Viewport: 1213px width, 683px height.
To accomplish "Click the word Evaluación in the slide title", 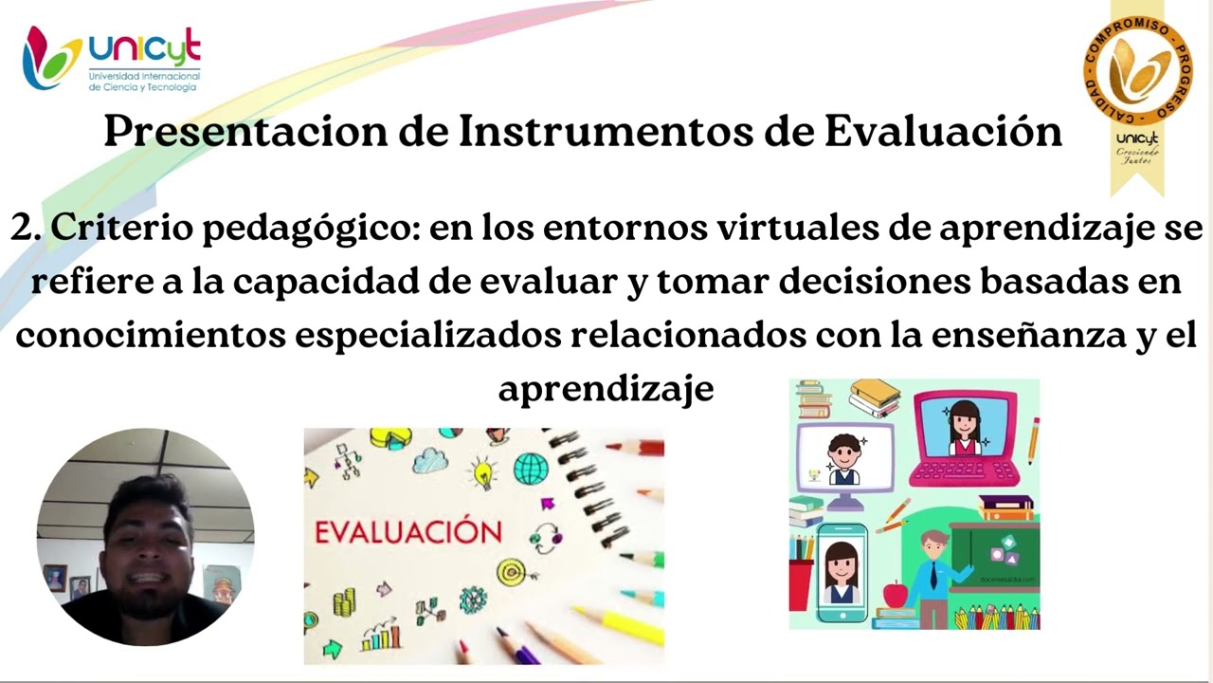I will [943, 131].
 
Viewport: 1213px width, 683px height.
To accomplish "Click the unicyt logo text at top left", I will [144, 47].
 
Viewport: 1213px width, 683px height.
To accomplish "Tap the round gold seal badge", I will [1138, 72].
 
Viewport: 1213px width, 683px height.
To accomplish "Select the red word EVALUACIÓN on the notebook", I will [407, 531].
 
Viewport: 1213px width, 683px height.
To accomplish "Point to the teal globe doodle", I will [531, 468].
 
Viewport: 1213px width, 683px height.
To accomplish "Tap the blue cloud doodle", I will [430, 460].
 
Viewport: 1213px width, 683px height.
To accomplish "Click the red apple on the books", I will [895, 595].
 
